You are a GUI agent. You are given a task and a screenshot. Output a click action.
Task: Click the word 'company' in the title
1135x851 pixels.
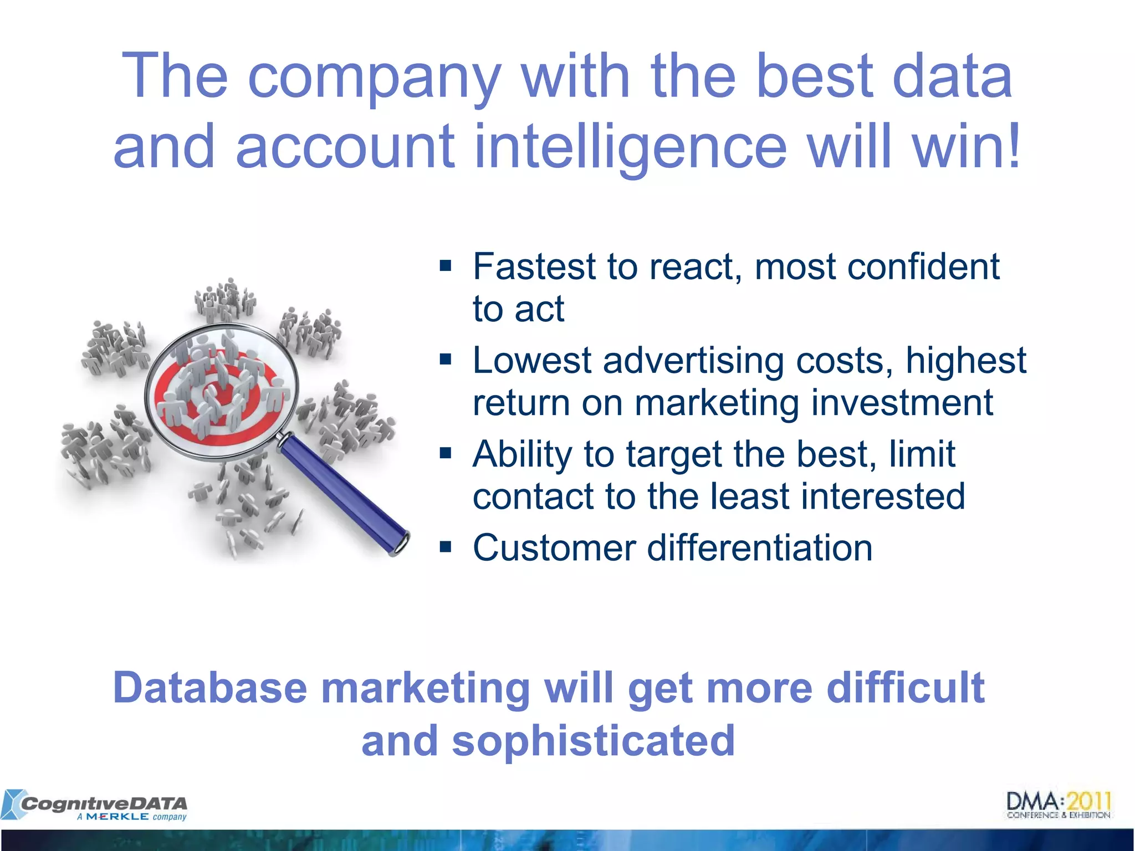(x=375, y=78)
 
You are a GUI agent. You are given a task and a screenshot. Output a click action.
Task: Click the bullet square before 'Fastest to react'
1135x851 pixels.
(x=446, y=266)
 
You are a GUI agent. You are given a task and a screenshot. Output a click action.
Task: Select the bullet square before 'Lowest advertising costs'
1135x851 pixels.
(x=446, y=360)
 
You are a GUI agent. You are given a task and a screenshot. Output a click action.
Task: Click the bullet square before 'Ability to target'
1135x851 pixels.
(x=446, y=454)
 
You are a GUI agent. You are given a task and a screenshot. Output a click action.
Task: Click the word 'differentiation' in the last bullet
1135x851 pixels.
(x=759, y=548)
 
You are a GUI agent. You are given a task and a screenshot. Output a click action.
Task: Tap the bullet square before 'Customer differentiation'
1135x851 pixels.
(x=446, y=548)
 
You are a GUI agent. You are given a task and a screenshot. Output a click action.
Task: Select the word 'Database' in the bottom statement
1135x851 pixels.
(x=210, y=688)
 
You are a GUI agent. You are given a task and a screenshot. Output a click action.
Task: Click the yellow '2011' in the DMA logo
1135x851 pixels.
(x=1088, y=801)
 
